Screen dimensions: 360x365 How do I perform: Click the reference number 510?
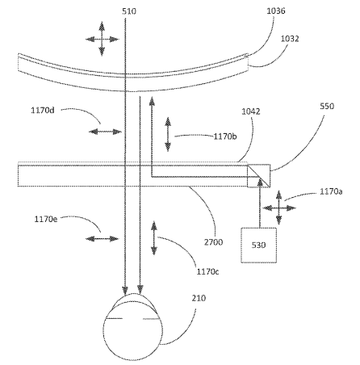click(x=129, y=11)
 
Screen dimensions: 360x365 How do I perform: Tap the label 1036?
click(x=276, y=10)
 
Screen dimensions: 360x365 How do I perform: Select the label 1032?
click(x=290, y=39)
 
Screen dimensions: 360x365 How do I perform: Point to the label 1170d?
click(x=43, y=111)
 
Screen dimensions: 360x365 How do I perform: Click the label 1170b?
click(x=225, y=136)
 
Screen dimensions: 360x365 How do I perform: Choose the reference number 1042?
click(x=251, y=111)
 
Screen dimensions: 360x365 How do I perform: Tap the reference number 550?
click(x=327, y=106)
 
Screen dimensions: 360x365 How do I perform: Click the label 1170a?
click(x=331, y=191)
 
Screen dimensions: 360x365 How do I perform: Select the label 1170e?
click(x=46, y=219)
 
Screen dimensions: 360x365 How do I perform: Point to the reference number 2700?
click(x=213, y=242)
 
